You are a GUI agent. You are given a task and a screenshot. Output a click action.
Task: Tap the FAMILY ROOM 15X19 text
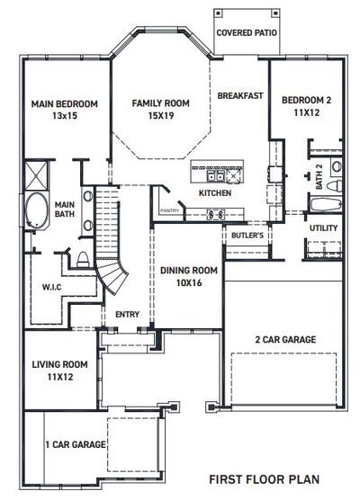161,109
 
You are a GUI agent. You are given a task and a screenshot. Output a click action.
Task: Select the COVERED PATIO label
246,32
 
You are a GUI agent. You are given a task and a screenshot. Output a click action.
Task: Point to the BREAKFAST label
239,95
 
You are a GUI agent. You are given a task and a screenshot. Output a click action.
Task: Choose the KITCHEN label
215,192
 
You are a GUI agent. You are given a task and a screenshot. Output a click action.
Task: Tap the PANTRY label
169,210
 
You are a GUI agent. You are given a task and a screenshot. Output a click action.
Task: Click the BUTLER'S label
247,235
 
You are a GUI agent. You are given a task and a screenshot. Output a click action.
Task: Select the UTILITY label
323,228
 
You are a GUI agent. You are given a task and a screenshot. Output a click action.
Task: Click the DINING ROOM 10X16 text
189,275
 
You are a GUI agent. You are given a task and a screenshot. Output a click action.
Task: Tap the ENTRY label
127,315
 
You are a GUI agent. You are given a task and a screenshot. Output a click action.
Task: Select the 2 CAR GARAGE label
285,340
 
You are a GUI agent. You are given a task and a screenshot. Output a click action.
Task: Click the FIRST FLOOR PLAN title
264,480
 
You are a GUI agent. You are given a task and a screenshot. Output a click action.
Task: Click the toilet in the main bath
81,260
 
